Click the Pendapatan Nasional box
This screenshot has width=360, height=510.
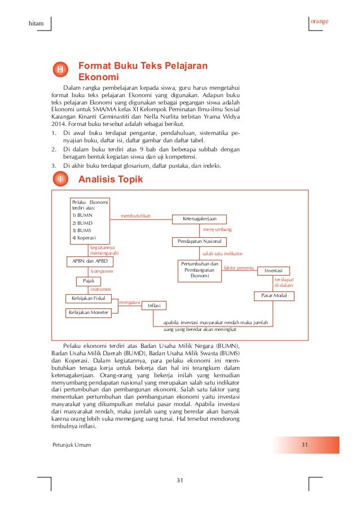[199, 242]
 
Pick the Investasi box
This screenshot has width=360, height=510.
[273, 271]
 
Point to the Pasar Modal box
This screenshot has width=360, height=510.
[274, 295]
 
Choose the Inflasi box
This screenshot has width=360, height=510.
[153, 306]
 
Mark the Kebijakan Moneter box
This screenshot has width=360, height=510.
[89, 312]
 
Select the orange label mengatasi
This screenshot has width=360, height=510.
[129, 302]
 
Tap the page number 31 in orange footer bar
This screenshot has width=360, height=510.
[304, 444]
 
